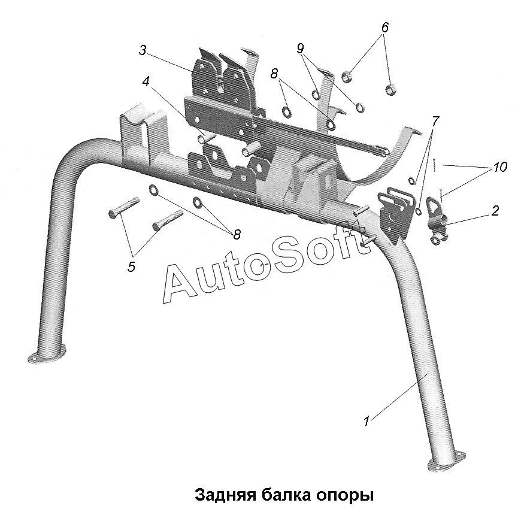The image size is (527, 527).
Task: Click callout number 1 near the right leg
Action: [x=367, y=421]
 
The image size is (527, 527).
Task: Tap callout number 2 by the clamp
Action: [x=495, y=211]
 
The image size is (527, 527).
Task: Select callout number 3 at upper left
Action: [x=143, y=50]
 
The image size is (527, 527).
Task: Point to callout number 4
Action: [x=146, y=81]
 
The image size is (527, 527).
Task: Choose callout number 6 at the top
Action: [x=385, y=27]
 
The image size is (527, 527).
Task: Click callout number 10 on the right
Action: [x=501, y=167]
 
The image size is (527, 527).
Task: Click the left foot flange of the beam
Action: [x=47, y=357]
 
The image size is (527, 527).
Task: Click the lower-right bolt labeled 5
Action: [x=168, y=220]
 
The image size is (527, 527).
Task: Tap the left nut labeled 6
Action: [x=347, y=77]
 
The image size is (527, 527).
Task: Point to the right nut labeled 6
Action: [x=390, y=90]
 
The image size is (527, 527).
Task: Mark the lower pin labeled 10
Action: [x=441, y=195]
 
